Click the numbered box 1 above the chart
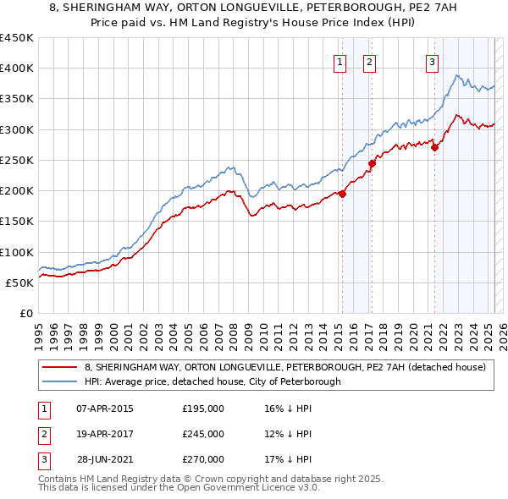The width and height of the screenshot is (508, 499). pos(340,61)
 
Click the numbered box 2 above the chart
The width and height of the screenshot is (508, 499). pos(370,61)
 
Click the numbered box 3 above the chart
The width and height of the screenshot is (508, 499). pos(432,61)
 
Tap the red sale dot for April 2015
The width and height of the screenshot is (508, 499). pos(343,194)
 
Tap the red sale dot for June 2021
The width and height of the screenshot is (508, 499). pos(435,147)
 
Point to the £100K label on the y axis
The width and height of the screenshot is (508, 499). pos(17,252)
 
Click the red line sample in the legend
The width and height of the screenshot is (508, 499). pos(59,368)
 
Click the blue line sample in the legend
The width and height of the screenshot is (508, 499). pos(59,381)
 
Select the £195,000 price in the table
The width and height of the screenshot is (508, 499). pos(203,409)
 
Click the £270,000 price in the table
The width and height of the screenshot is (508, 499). pos(203,459)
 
